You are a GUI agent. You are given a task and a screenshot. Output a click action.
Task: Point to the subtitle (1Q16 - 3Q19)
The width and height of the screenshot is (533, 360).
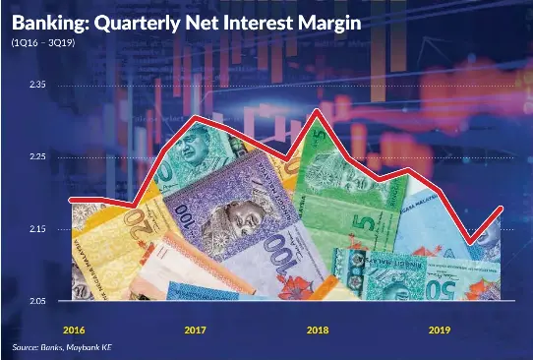pos(45,43)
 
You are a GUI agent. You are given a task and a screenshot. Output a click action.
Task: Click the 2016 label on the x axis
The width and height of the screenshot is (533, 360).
pos(74,330)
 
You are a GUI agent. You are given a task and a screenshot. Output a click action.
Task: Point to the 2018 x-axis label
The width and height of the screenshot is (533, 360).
pos(317,330)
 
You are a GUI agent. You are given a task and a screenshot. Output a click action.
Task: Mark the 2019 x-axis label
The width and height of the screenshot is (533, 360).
pos(439,330)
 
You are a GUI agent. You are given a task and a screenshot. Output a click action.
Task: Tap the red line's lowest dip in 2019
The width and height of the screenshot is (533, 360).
pos(473,243)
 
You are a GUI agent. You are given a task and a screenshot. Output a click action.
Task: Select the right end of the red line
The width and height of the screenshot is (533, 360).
pos(503,208)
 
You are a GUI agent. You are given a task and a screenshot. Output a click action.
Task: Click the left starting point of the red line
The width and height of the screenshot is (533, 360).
pos(71,200)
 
